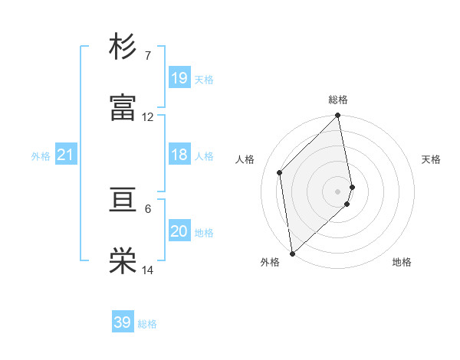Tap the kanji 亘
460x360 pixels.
point(123,201)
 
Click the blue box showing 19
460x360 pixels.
point(179,78)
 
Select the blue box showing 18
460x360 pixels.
point(179,155)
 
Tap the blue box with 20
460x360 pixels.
point(179,231)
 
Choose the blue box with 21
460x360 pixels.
point(66,155)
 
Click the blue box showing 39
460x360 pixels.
point(123,322)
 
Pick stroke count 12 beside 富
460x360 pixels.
point(147,117)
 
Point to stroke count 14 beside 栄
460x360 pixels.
point(147,270)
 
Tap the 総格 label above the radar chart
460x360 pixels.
point(338,100)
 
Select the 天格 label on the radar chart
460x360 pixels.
point(432,159)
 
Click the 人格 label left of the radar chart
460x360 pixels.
point(245,159)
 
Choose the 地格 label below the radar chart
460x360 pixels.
point(402,262)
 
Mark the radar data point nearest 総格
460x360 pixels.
point(338,116)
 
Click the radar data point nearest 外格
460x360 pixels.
point(292,253)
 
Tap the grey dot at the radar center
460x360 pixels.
point(338,191)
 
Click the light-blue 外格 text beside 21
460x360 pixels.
point(41,156)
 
